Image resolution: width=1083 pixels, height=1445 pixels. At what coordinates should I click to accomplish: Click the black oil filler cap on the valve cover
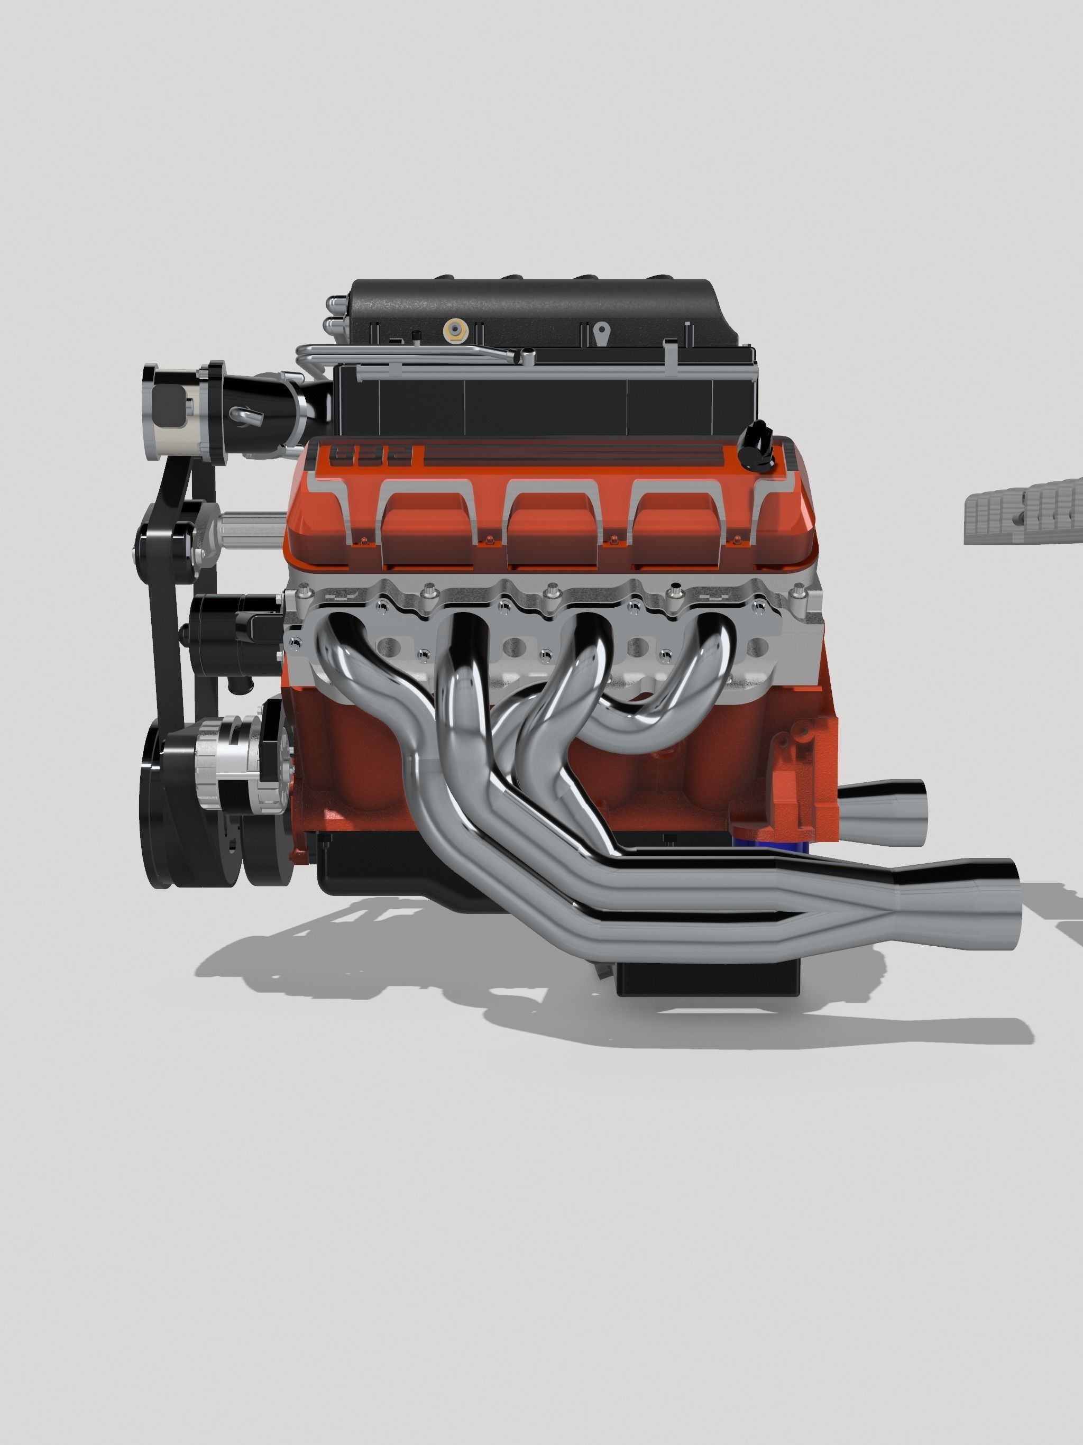tap(756, 445)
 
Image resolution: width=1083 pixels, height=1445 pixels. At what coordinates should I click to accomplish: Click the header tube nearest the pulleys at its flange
tap(336, 634)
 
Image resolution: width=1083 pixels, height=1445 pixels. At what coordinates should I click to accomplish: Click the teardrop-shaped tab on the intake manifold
tap(602, 332)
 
